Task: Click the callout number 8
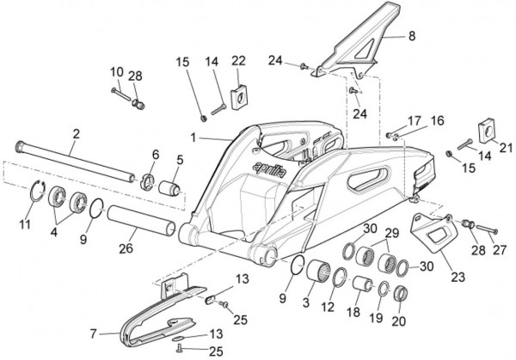click(410, 37)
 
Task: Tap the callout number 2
click(76, 133)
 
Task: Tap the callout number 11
click(25, 225)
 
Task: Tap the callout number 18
click(353, 313)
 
